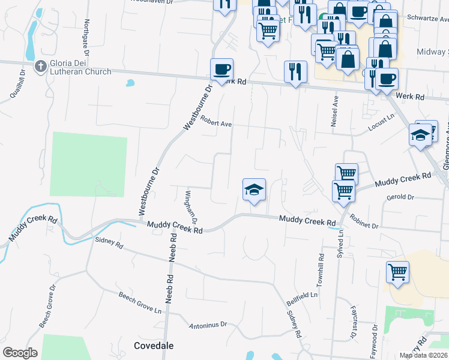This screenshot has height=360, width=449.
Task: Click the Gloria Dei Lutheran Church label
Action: tap(82, 67)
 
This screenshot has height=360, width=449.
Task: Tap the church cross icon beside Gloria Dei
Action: tap(41, 67)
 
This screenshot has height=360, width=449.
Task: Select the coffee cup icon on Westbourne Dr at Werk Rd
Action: tap(221, 70)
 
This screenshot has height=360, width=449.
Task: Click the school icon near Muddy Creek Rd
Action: tap(254, 190)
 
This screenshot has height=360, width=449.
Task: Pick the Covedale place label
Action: tap(153, 346)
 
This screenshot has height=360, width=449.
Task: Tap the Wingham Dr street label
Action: tap(191, 205)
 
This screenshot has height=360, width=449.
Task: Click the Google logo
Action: tap(20, 353)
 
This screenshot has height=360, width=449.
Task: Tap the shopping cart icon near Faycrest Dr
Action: tap(397, 272)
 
